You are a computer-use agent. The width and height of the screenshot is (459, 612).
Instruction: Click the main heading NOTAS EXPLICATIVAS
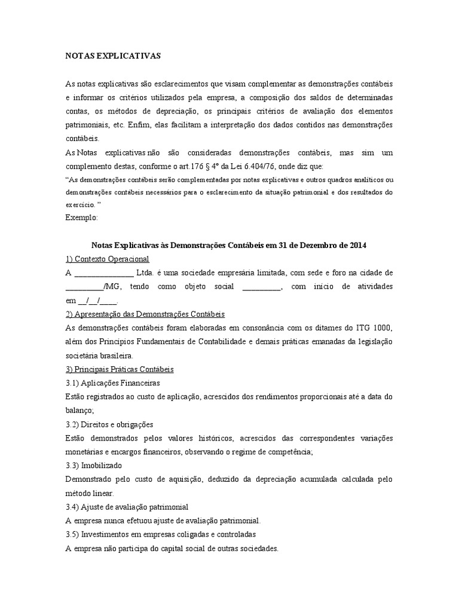point(113,56)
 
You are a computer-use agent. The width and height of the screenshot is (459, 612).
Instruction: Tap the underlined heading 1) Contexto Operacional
point(107,259)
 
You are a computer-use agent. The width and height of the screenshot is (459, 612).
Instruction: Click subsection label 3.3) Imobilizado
point(93,465)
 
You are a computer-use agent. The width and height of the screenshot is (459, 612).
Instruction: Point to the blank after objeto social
point(262,286)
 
